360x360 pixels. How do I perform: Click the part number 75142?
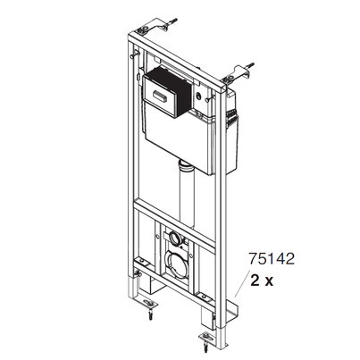(x=272, y=258)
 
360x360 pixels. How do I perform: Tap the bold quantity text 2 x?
(x=262, y=280)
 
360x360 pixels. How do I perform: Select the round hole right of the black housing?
(x=198, y=96)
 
